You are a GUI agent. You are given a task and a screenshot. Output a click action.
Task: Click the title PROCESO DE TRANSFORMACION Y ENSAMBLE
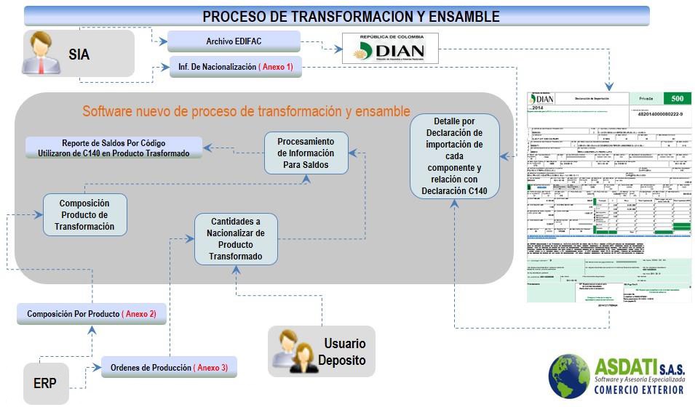(350, 16)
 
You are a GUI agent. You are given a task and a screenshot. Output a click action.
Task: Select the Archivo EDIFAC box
(234, 41)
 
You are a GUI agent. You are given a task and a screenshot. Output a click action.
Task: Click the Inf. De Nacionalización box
(235, 67)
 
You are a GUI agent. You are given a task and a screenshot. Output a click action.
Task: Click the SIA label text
(79, 55)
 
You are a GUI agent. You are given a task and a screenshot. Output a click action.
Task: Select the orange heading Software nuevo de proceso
(246, 112)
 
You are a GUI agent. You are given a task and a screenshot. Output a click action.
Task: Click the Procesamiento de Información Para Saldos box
(306, 153)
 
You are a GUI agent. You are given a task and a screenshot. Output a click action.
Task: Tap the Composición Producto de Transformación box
(84, 215)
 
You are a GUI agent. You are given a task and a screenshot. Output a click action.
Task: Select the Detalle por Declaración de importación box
(454, 156)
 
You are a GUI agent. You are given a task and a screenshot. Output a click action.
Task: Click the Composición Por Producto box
(92, 314)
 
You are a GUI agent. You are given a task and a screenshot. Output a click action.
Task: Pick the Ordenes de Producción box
(169, 368)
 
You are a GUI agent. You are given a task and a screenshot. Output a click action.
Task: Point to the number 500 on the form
(676, 98)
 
